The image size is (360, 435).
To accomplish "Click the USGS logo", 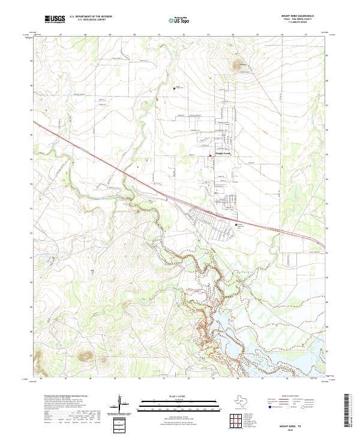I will click(x=55, y=20).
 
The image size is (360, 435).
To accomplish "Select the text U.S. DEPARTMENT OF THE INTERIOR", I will click(x=91, y=17).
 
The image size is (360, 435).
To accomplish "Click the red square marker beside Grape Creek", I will click(x=209, y=157).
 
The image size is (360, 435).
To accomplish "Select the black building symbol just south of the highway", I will click(x=236, y=225).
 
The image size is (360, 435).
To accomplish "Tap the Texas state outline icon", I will click(x=239, y=401).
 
